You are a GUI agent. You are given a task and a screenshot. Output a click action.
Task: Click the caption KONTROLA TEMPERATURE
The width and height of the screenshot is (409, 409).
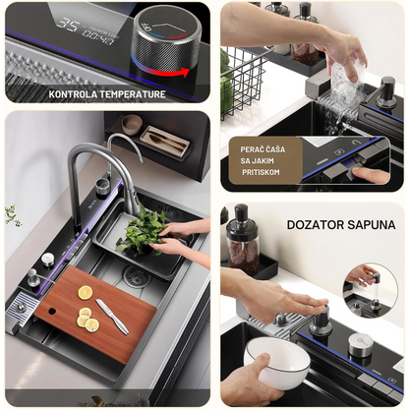107,94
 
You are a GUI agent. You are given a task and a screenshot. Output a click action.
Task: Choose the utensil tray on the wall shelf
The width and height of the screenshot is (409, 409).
164,142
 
